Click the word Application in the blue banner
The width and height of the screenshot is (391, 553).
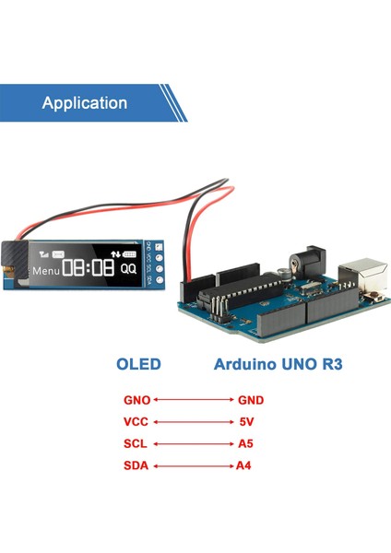point(84,103)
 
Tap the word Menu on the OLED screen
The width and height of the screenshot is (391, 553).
point(45,271)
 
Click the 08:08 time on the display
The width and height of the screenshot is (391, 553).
point(89,268)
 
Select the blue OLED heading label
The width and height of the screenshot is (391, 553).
point(138,364)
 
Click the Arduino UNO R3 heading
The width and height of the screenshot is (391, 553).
point(278,364)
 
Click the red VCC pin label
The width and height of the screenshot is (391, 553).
point(136,422)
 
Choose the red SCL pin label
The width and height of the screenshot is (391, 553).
point(136,443)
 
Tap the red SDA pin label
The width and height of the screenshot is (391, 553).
point(136,465)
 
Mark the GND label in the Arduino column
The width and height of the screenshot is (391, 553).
point(250,401)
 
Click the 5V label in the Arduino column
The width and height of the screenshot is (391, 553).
point(244,422)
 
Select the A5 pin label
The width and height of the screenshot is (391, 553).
point(243,443)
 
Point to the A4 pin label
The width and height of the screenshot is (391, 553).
point(243,465)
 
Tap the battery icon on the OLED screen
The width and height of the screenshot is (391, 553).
point(129,253)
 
